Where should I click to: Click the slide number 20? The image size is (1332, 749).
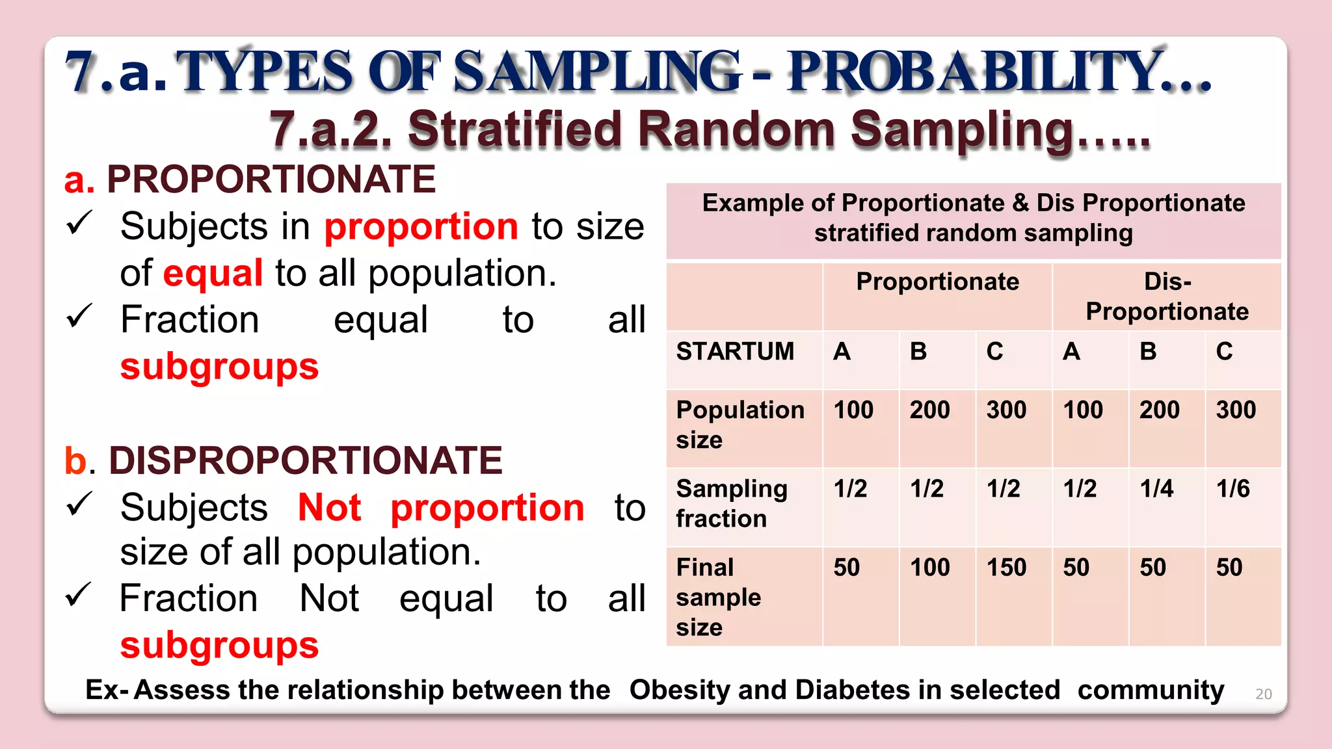click(x=1263, y=694)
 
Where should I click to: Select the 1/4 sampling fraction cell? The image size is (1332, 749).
click(x=1156, y=489)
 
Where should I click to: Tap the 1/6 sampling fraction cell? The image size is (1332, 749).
click(x=1232, y=489)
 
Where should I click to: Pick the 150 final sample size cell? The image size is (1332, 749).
click(x=1006, y=568)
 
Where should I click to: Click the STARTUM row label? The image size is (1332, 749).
click(x=735, y=352)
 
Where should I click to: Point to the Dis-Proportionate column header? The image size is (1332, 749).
click(x=1167, y=296)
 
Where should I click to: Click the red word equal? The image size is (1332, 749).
click(x=213, y=273)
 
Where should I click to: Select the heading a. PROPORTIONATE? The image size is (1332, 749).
click(x=250, y=179)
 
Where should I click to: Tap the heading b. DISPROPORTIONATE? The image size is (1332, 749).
click(x=283, y=460)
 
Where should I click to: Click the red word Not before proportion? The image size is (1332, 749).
click(x=329, y=508)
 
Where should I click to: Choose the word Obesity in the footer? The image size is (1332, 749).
click(x=679, y=690)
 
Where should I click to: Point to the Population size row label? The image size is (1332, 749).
click(x=740, y=425)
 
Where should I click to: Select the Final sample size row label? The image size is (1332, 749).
click(x=718, y=597)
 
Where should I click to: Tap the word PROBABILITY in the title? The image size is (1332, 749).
click(x=976, y=72)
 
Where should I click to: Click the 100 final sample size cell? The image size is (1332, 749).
click(x=929, y=568)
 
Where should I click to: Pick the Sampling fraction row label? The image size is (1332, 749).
click(x=732, y=503)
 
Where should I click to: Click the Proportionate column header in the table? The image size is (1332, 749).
click(x=937, y=282)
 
